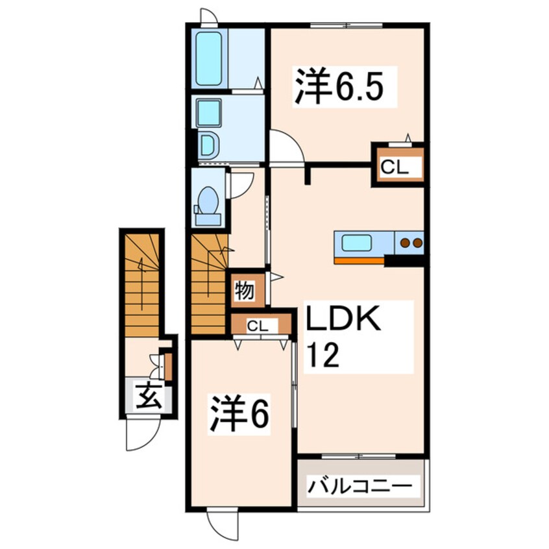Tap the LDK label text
pos(341,322)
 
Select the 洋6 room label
pos(239,414)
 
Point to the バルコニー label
pos(360,484)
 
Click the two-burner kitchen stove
pos(410,243)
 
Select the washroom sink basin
pos(209,114)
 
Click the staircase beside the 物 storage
pos(209,286)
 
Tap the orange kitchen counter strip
pos(359,260)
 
